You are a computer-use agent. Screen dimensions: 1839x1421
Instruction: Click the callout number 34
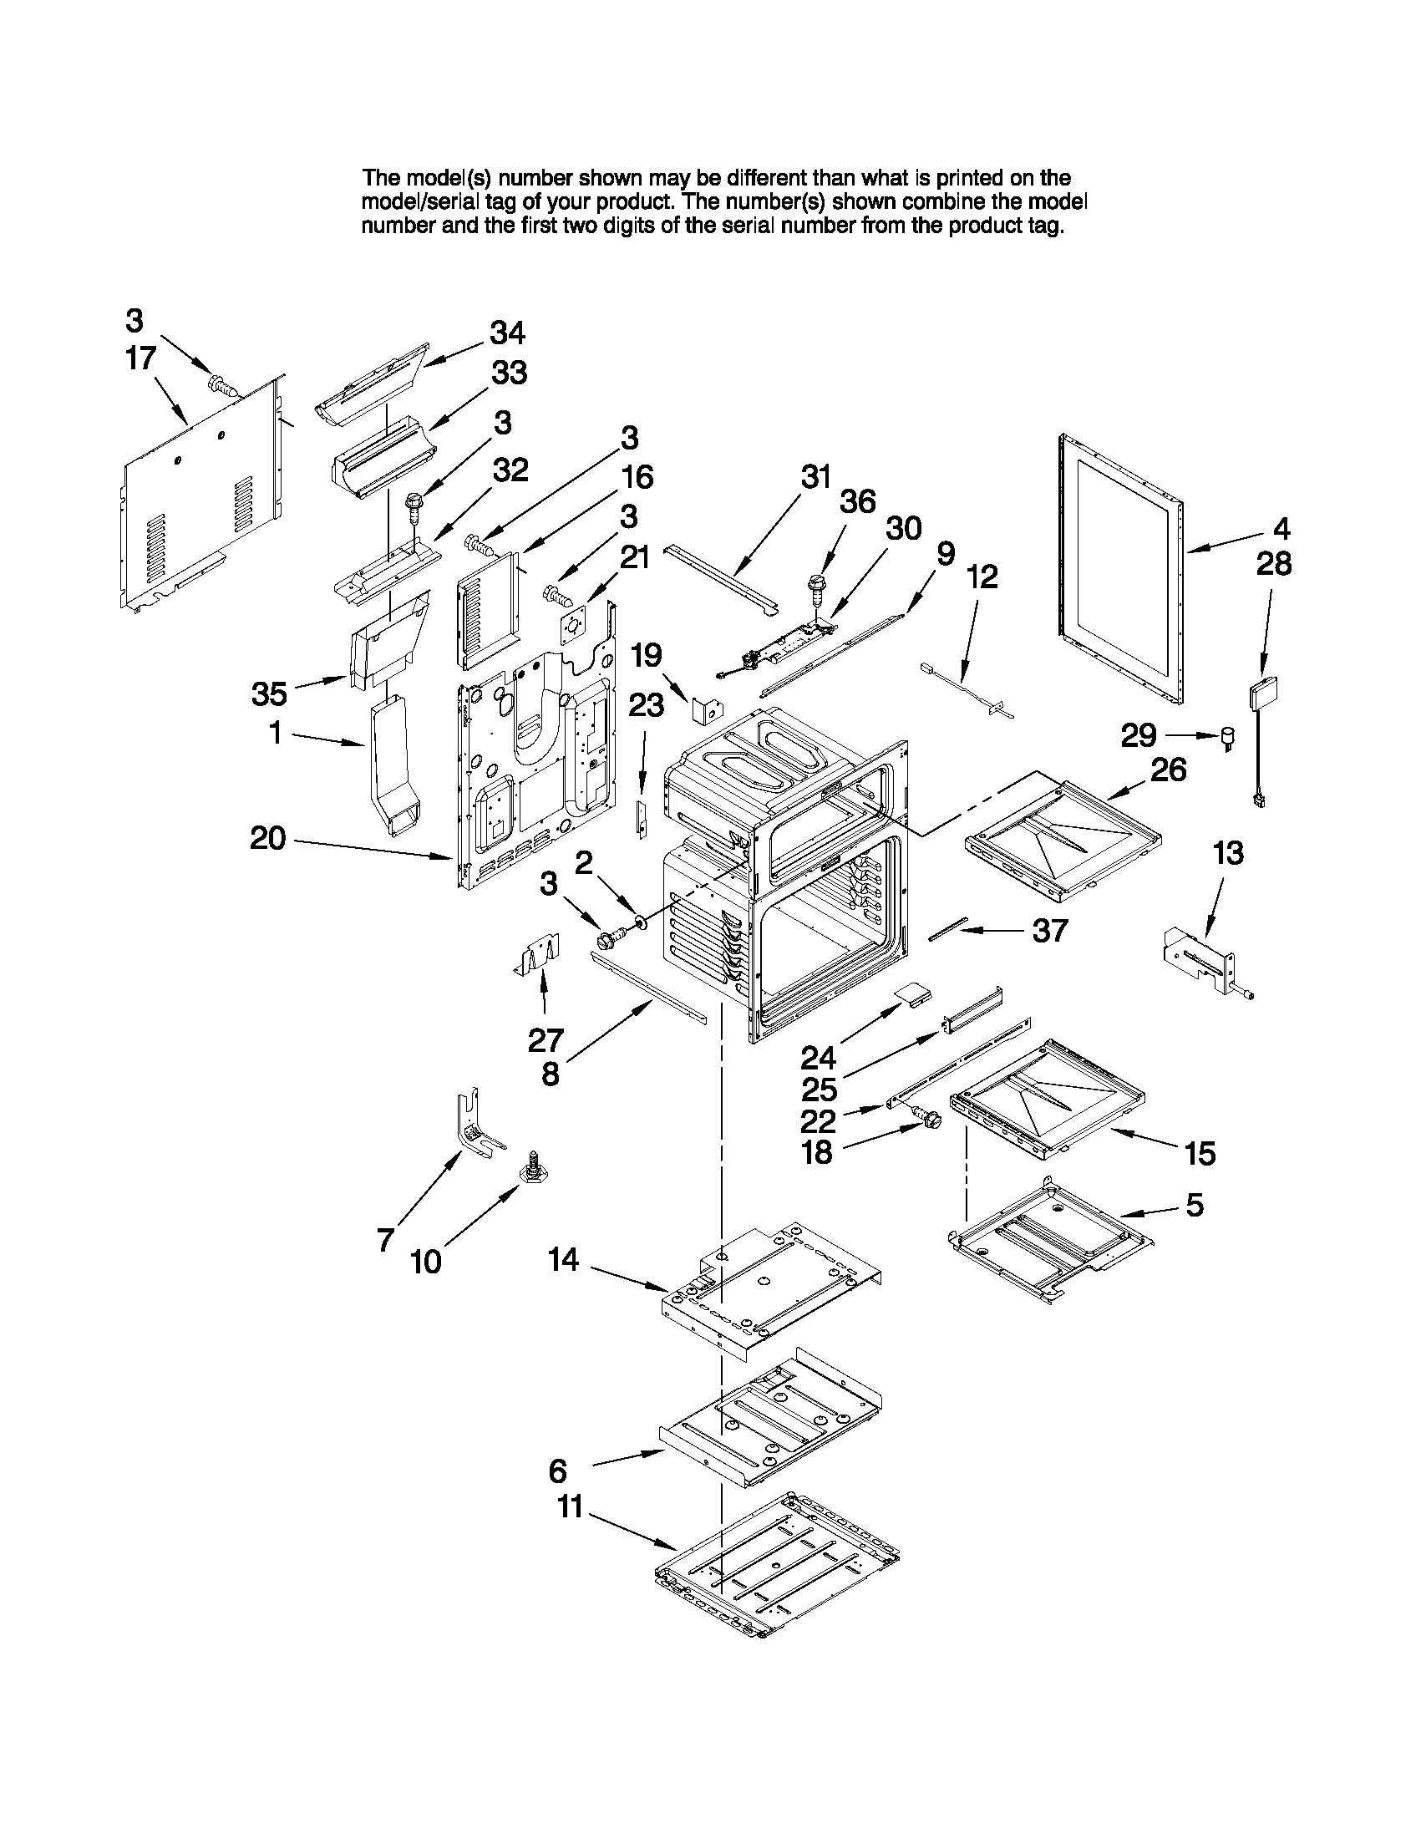point(508,333)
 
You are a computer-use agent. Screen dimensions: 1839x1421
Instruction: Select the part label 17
point(140,358)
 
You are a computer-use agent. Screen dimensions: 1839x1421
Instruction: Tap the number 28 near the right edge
point(1274,564)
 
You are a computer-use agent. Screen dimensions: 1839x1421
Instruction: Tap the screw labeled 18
point(928,1117)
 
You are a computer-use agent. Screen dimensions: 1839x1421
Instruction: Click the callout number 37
point(1050,931)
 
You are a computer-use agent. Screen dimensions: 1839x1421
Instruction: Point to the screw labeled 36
point(815,587)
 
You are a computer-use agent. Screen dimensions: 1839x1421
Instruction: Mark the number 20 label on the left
point(267,838)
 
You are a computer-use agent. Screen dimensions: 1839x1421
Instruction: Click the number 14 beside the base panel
point(563,1260)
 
